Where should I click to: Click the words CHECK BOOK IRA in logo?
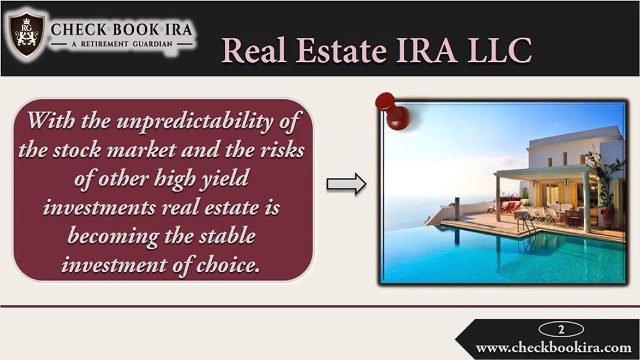tap(121, 29)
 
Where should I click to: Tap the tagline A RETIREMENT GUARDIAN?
tap(121, 44)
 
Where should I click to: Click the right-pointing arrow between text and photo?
tap(346, 184)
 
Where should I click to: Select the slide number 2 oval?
tap(561, 329)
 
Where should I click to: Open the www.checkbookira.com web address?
tap(553, 347)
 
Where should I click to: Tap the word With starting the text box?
tap(48, 121)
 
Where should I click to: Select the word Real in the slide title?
tap(253, 50)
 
